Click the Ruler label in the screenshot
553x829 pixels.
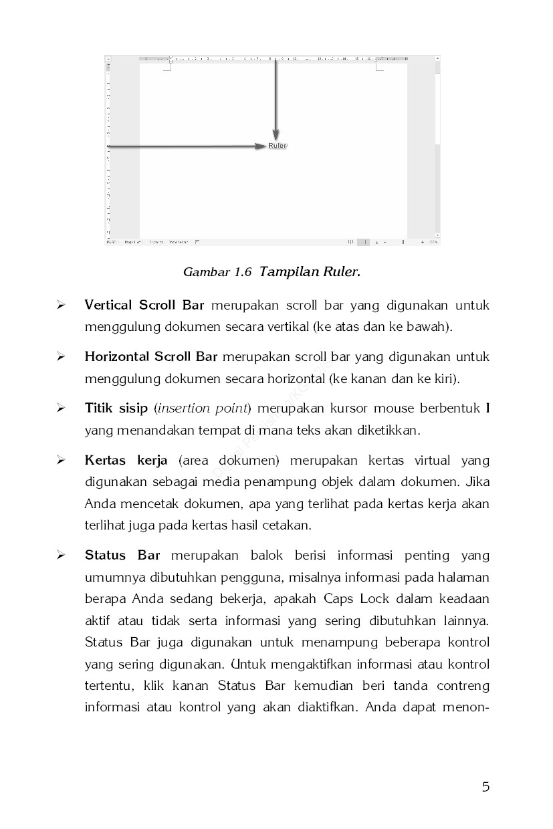278,146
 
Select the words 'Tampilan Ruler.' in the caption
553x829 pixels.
310,272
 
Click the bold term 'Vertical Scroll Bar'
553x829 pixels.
144,306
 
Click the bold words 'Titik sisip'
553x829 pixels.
116,408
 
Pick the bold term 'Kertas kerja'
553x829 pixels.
126,461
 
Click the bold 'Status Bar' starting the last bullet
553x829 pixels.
122,556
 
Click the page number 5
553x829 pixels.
485,787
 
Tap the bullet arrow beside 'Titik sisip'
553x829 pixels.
61,408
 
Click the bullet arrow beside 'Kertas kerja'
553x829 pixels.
61,461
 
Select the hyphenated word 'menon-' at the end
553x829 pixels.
466,707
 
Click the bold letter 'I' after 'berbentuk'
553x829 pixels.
487,408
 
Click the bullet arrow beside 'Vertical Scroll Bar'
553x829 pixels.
61,306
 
